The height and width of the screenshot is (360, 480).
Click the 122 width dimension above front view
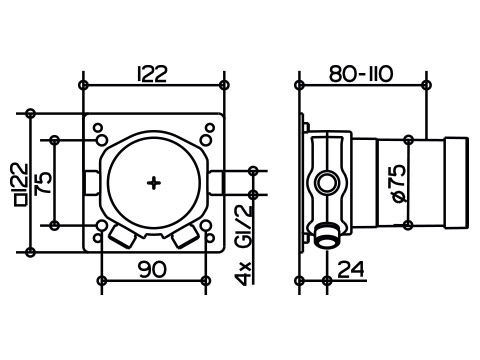(152, 74)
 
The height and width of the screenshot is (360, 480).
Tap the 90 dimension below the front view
(152, 269)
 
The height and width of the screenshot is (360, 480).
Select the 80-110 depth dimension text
(361, 74)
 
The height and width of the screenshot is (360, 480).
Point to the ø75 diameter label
(399, 183)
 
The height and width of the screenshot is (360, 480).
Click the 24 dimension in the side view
(351, 269)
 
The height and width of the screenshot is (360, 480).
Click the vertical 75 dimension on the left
(44, 183)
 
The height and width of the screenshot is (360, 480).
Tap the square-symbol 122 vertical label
(22, 184)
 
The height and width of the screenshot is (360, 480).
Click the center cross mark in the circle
(154, 183)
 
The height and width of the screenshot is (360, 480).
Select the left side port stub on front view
(91, 183)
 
